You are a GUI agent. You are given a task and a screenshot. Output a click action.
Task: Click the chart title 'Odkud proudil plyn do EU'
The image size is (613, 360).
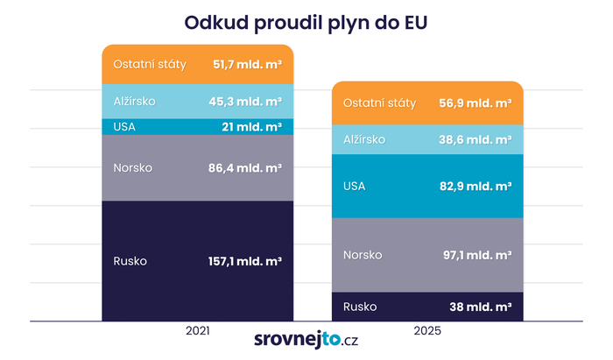[306, 21]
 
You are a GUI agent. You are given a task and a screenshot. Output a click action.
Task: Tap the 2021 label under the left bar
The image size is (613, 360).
[197, 332]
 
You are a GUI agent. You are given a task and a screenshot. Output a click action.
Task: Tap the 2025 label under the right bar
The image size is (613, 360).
[427, 332]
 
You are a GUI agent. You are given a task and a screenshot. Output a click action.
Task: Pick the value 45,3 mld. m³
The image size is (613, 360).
[247, 102]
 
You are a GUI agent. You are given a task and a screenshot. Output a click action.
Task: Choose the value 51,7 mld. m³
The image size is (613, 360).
[248, 65]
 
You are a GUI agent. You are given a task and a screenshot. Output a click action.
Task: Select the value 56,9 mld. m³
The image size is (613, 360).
[476, 102]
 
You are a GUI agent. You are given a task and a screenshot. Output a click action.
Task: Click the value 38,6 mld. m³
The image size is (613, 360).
[476, 139]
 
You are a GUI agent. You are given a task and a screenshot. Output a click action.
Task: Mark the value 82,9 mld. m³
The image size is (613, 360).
[476, 186]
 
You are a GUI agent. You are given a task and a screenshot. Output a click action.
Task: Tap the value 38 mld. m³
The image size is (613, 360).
[482, 307]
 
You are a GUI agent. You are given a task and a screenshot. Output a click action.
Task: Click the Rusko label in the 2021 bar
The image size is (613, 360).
[130, 261]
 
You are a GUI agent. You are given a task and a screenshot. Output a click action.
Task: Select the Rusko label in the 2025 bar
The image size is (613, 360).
[360, 307]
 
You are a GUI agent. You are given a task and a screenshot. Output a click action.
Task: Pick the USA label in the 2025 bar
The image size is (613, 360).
[355, 186]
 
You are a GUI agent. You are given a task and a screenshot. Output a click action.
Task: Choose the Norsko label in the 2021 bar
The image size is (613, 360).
[133, 167]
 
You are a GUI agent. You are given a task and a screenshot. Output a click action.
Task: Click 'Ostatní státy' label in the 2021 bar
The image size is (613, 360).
[150, 65]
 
